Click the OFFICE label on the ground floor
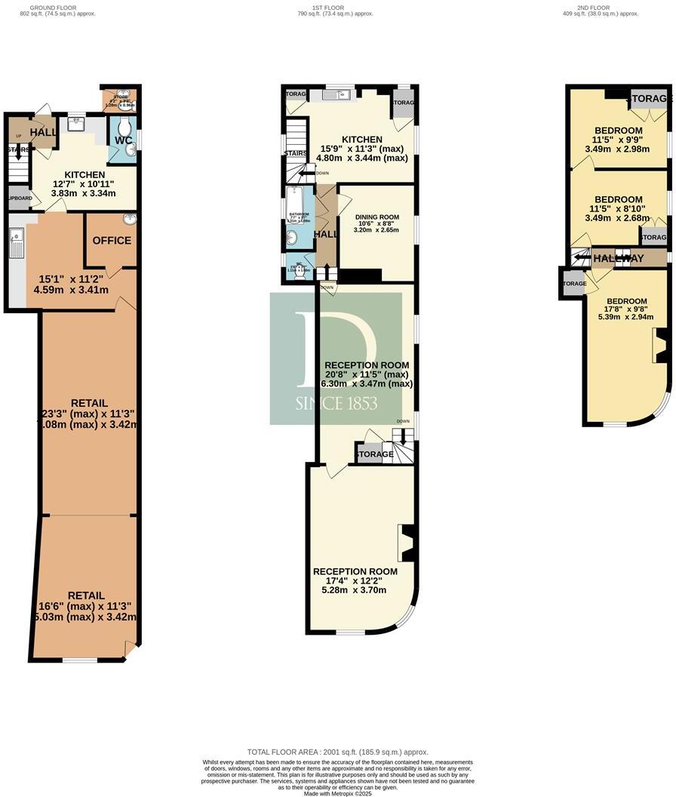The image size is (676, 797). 112,241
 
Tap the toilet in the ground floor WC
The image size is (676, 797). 124,125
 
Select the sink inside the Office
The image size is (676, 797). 129,220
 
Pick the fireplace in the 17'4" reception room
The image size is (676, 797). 407,543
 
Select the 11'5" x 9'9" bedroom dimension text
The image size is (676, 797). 617,139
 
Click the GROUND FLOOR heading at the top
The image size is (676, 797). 49,7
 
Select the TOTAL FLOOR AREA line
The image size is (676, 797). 337,752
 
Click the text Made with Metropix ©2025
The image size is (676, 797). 337,793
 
